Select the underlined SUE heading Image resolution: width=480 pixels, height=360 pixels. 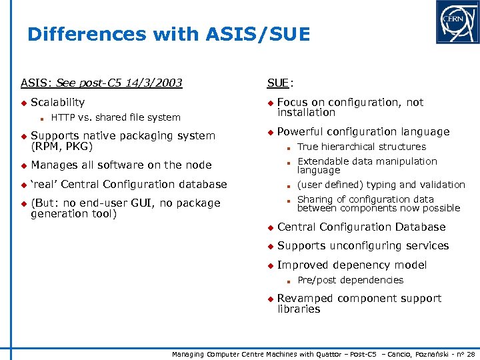tap(278, 83)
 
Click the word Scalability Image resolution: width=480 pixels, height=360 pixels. tap(58, 103)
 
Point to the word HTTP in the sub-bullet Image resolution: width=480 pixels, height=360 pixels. tap(63, 118)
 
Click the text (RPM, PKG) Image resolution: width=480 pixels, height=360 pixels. tap(61, 146)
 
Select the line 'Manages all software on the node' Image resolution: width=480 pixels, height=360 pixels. tap(121, 165)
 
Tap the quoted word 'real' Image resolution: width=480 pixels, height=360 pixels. tap(44, 185)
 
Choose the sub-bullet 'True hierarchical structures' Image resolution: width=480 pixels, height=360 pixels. tap(361, 147)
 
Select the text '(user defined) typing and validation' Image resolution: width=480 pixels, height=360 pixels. tap(381, 185)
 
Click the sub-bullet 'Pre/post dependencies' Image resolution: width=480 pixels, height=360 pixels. tap(350, 280)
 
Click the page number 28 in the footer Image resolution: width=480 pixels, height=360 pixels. tap(471, 353)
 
